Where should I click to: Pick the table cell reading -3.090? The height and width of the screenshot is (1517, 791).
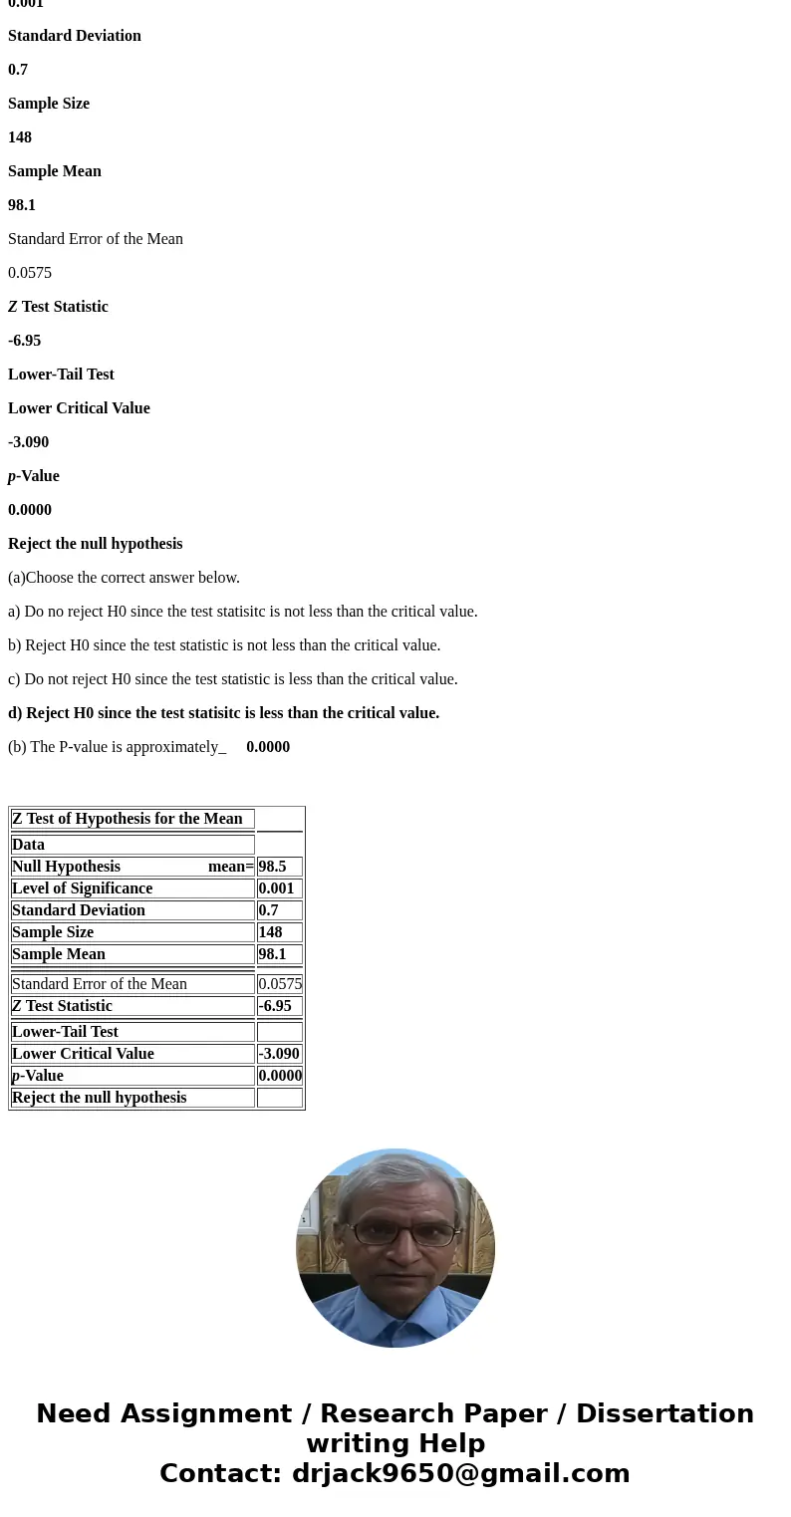[x=279, y=1054]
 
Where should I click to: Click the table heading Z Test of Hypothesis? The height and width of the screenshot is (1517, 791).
[x=128, y=819]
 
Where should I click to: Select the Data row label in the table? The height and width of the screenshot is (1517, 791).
[x=29, y=845]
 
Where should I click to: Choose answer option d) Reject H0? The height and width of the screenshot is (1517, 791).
[x=223, y=713]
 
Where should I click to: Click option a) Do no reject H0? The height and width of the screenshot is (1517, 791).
[x=242, y=612]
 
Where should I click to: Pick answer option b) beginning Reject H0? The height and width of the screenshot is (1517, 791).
[x=224, y=645]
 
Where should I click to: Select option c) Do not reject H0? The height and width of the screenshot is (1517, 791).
[x=232, y=679]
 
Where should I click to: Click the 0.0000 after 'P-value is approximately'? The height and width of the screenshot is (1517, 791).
[x=268, y=747]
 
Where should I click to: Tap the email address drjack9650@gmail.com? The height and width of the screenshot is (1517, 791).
[x=460, y=1473]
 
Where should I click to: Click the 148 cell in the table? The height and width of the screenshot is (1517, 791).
[x=270, y=932]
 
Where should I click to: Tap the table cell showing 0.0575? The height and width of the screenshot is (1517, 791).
[x=280, y=984]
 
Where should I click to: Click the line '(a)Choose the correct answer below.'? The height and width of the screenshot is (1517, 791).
[x=124, y=578]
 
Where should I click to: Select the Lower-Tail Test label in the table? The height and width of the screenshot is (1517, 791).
[x=66, y=1032]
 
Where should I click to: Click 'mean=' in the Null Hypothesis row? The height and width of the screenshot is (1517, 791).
[x=230, y=867]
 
